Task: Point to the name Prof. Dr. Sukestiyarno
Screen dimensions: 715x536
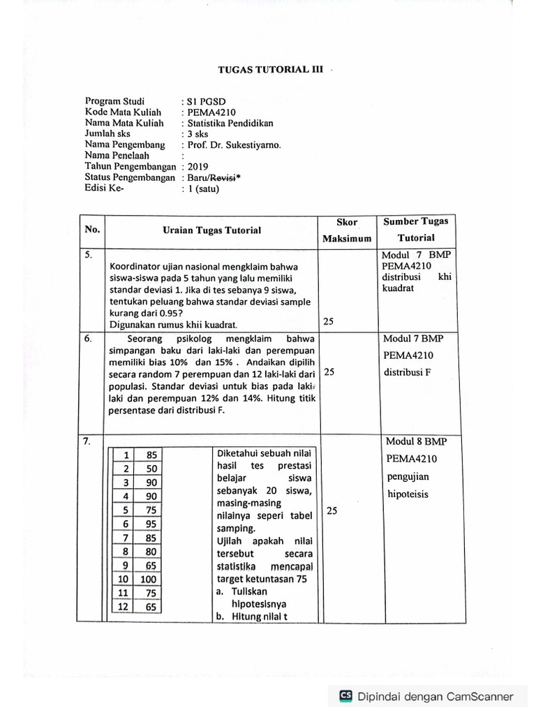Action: (233, 145)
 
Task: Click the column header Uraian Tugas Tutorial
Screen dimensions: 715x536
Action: (211, 230)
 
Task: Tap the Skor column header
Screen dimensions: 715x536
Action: (347, 222)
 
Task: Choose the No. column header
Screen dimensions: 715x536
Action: (92, 230)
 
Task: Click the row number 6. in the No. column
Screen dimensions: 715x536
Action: (89, 337)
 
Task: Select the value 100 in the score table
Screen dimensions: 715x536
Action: (148, 579)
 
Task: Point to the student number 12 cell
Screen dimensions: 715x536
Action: (124, 607)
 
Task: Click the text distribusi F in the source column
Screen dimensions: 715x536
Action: (407, 371)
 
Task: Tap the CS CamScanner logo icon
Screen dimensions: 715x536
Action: (345, 695)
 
